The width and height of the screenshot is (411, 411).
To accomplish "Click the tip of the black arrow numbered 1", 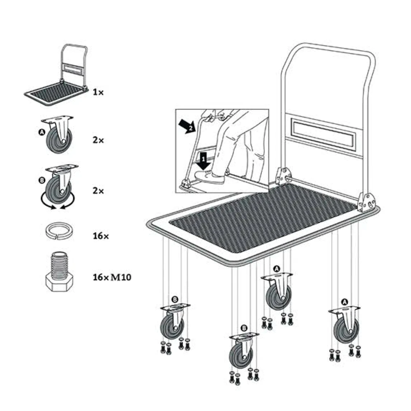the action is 203,170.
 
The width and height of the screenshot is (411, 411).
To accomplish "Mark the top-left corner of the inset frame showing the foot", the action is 175,109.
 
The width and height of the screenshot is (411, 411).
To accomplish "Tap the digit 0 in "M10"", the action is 127,277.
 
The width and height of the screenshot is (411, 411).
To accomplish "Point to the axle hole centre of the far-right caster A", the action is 351,331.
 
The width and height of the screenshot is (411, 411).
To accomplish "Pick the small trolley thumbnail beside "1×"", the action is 56,75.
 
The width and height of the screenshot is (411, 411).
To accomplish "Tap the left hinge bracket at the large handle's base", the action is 283,175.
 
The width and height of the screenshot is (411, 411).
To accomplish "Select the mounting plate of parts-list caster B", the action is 62,168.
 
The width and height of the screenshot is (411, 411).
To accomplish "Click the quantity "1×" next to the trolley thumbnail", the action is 98,92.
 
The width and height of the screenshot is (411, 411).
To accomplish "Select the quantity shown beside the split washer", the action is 101,236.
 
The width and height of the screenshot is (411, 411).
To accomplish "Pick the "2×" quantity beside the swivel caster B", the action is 98,191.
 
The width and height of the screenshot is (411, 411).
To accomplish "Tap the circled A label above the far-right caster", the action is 345,302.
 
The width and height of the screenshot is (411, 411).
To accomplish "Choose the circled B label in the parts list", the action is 42,180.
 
